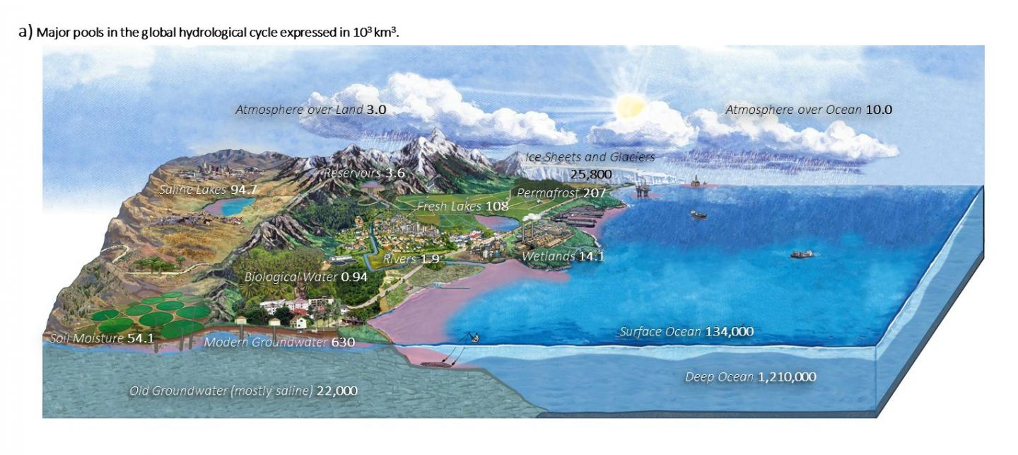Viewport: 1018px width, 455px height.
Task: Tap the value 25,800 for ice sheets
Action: coord(590,174)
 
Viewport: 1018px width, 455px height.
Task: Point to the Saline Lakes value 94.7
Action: coord(241,190)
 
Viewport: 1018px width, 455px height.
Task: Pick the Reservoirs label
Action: coord(352,173)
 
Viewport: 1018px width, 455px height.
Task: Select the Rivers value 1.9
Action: coord(430,259)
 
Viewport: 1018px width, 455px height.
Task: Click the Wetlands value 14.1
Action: coord(591,256)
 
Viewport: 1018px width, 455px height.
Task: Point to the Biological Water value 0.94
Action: coord(354,277)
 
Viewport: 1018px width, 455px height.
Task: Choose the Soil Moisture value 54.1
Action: coord(140,338)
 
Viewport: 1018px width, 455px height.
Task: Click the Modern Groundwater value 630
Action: coord(342,343)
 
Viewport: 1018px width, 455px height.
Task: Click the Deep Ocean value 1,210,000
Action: coord(786,377)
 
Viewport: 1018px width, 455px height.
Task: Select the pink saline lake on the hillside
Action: coord(230,206)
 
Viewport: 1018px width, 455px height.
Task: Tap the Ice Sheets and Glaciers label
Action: coord(590,157)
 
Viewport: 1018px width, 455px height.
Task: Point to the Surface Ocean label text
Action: coord(660,331)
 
